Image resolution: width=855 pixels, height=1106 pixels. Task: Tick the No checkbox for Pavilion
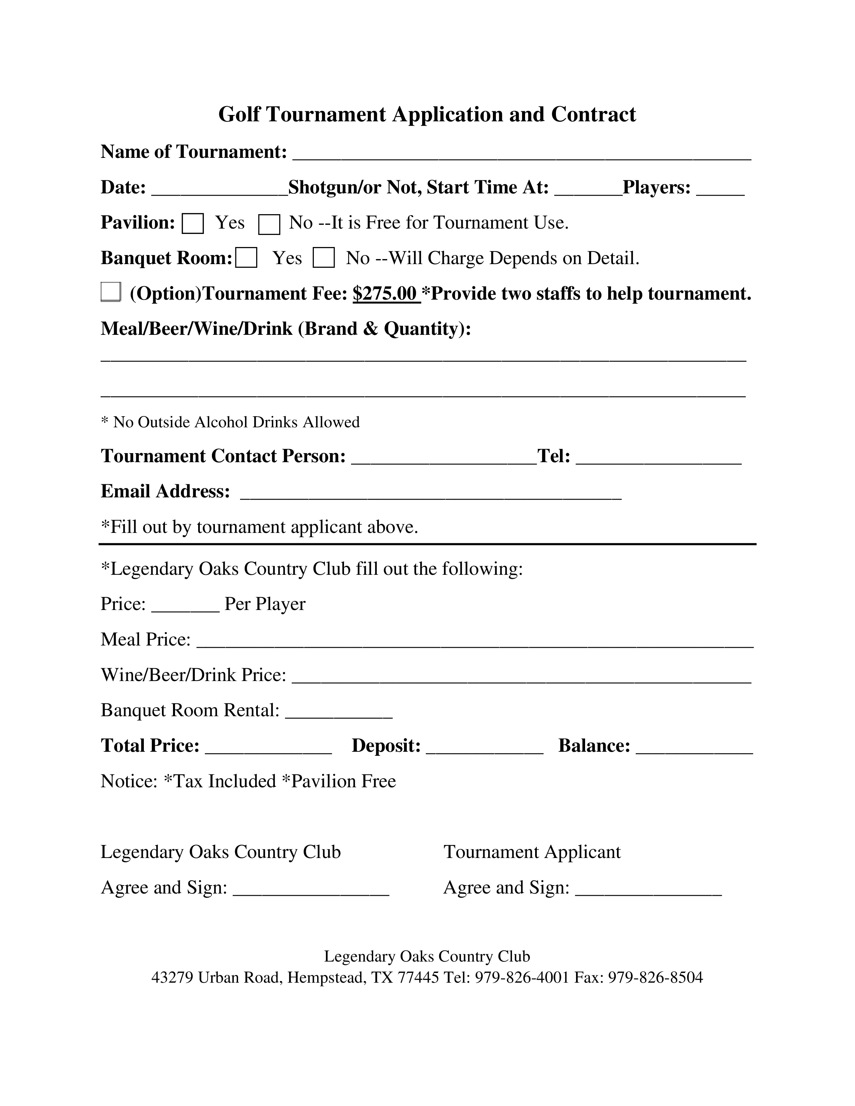pos(269,224)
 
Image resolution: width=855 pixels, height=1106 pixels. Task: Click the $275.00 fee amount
pos(386,294)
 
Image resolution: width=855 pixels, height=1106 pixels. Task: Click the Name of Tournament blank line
pos(522,153)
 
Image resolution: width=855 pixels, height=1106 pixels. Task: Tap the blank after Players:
pos(720,189)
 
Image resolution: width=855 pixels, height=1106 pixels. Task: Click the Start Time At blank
pos(588,189)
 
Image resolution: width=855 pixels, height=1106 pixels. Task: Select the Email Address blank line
pos(431,493)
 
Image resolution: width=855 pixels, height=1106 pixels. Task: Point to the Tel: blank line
pos(659,458)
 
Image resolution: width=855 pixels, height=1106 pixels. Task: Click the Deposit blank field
pos(485,747)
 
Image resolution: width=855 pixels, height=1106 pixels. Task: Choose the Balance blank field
pos(694,747)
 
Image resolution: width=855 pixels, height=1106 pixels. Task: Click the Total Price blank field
pos(269,747)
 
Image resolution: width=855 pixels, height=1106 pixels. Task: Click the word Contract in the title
pos(593,114)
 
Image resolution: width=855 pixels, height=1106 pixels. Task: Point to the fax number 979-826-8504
pos(655,977)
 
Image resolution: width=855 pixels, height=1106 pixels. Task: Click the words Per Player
pos(265,604)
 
